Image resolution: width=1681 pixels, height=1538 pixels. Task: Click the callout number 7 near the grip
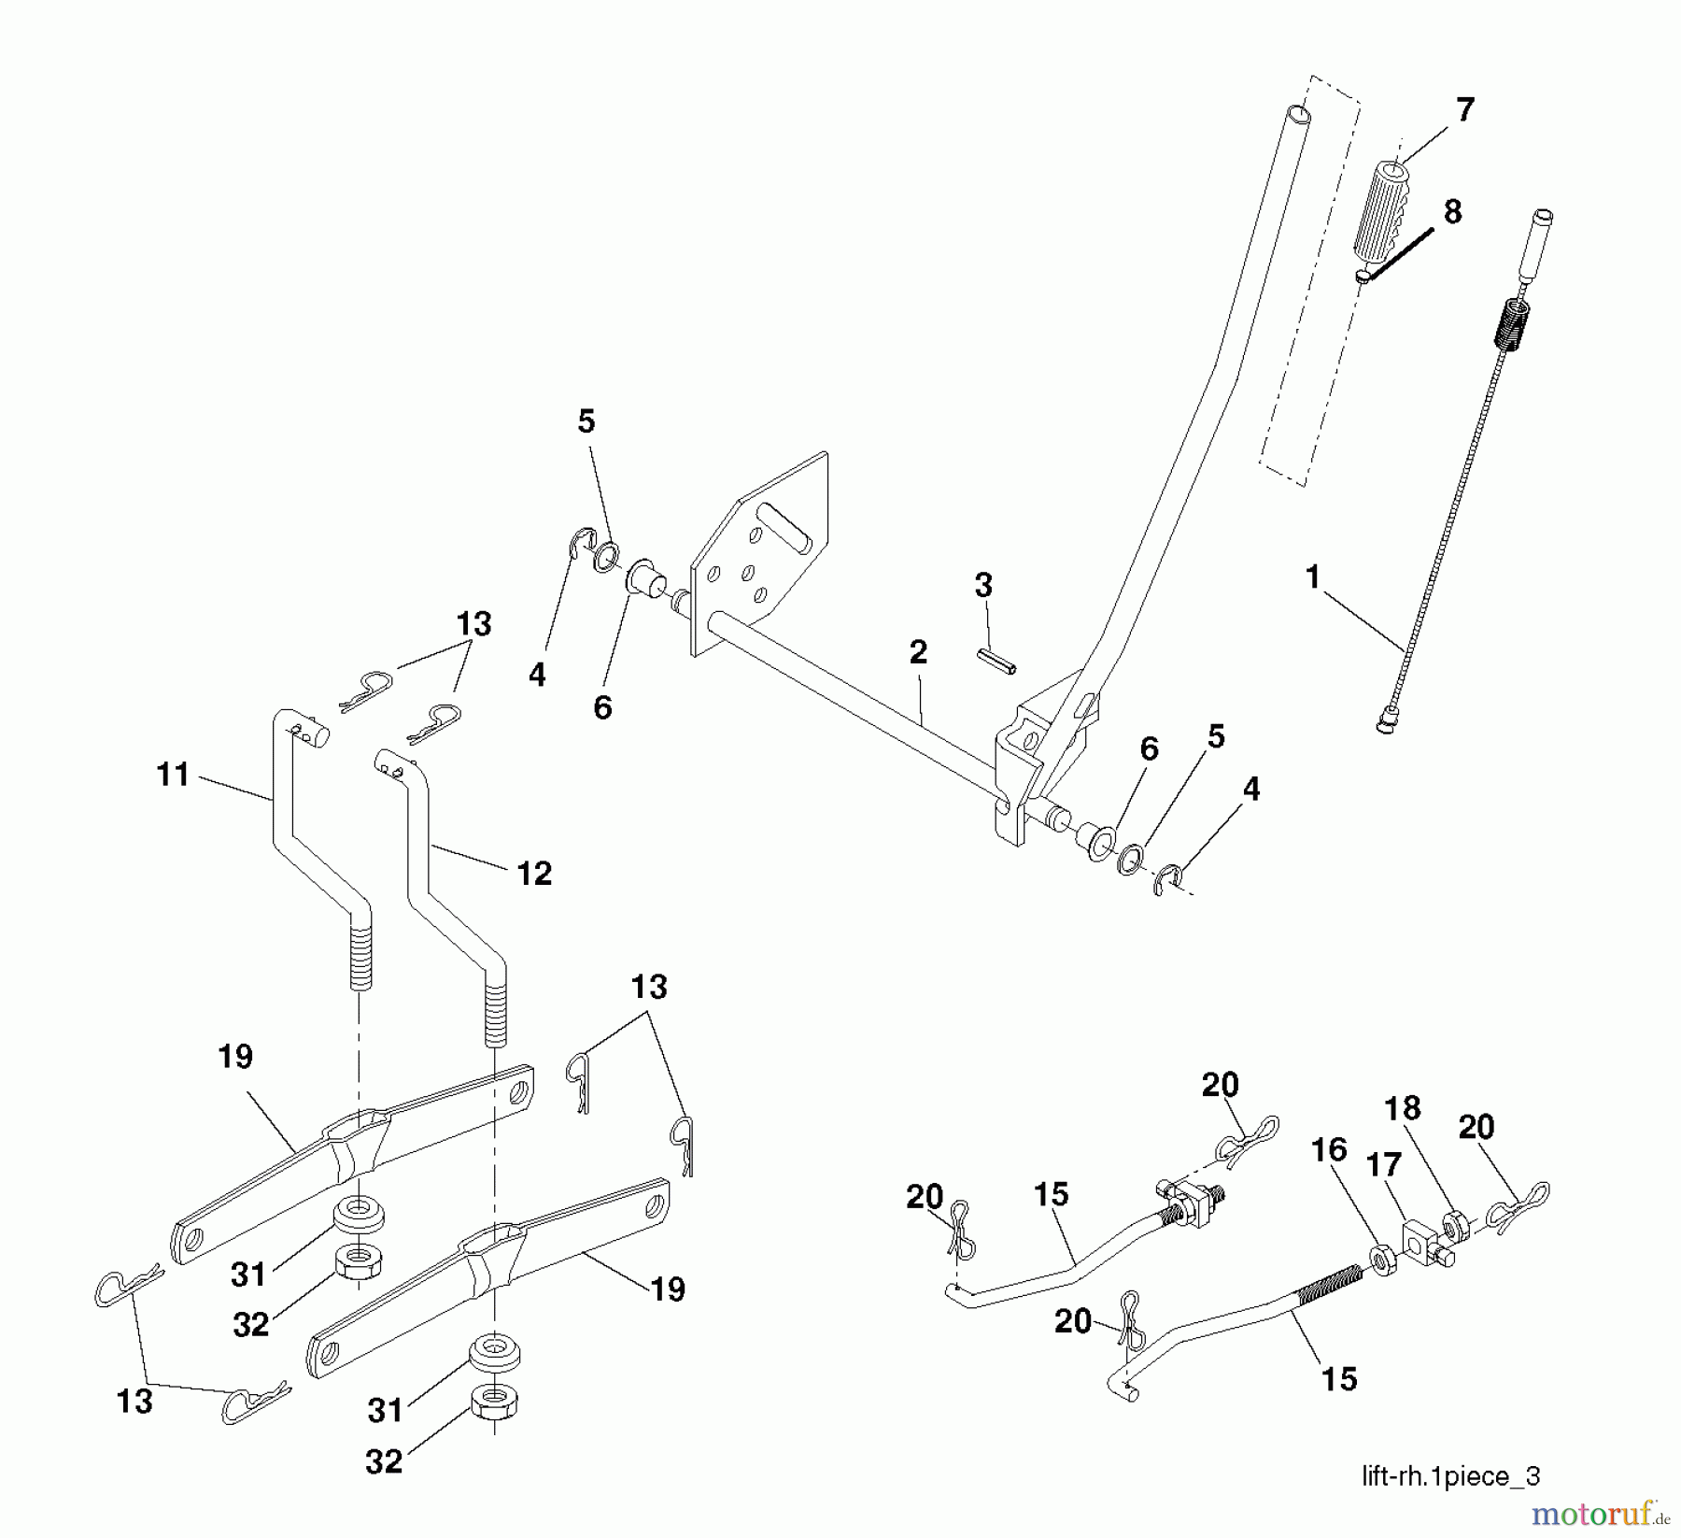(1464, 110)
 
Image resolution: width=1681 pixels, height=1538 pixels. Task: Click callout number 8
(1452, 212)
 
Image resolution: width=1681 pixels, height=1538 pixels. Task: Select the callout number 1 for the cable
(1312, 577)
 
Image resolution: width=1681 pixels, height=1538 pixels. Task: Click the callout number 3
(983, 586)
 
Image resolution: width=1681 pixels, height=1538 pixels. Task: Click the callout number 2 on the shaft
(918, 652)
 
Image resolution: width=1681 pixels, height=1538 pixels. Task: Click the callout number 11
(174, 775)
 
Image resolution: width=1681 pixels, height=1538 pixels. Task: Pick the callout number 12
(534, 874)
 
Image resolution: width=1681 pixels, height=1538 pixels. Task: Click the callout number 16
(1329, 1150)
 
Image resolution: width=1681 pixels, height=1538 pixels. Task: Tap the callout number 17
(1383, 1164)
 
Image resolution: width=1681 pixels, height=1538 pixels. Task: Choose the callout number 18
(1402, 1108)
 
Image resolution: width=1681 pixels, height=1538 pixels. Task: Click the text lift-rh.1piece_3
(1450, 1476)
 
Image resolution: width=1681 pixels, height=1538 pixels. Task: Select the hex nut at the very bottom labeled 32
(493, 1402)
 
